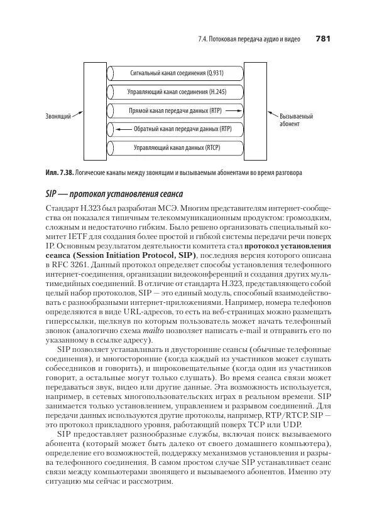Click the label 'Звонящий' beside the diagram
[x=58, y=117]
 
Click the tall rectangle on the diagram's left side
[x=96, y=111]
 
